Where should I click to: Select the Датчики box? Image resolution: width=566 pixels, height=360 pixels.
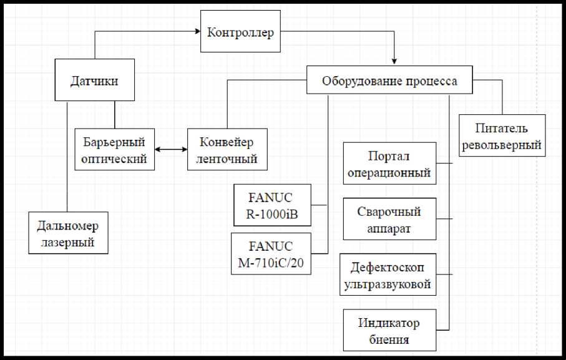tap(94, 80)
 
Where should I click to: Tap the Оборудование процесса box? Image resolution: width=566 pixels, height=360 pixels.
tap(389, 81)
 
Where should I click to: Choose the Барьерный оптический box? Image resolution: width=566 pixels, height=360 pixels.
tap(114, 150)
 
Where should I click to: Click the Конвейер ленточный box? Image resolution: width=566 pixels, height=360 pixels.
tap(227, 150)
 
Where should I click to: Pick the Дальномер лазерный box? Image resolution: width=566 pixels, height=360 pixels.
tap(68, 233)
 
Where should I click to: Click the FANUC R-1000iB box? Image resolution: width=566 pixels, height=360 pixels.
tap(271, 205)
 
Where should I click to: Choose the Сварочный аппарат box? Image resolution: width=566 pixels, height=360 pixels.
tap(389, 220)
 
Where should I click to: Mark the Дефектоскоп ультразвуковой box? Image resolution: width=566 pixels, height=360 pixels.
tap(389, 275)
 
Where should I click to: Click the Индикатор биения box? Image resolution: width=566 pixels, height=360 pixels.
tap(389, 331)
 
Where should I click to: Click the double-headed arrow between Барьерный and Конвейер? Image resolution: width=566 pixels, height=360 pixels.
tap(171, 149)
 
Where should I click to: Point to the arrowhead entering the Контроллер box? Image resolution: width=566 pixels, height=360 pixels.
tap(196, 31)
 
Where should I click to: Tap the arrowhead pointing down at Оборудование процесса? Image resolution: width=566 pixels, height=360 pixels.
tap(394, 62)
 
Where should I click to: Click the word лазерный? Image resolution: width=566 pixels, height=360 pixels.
tap(68, 242)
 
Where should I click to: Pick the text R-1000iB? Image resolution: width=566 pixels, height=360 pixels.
tap(271, 214)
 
